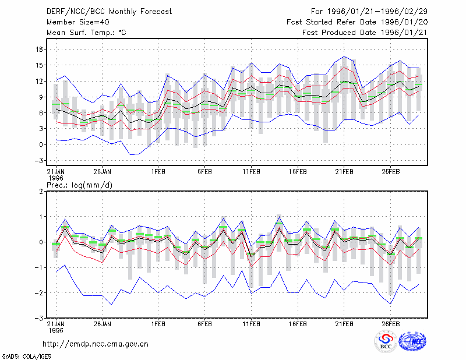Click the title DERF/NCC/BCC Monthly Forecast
pyautogui.click(x=109, y=12)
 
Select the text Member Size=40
pyautogui.click(x=78, y=22)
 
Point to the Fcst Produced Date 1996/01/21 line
pyautogui.click(x=365, y=33)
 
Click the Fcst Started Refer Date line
pyautogui.click(x=357, y=22)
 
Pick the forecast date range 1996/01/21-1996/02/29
pyautogui.click(x=377, y=12)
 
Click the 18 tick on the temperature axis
pyautogui.click(x=40, y=50)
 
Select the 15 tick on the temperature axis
pyautogui.click(x=40, y=65)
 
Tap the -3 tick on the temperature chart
pyautogui.click(x=38, y=161)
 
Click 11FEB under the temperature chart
pyautogui.click(x=252, y=172)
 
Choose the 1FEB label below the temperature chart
pyautogui.click(x=158, y=172)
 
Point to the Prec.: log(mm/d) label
pyautogui.click(x=79, y=185)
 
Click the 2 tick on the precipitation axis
pyautogui.click(x=41, y=192)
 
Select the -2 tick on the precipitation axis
pyautogui.click(x=38, y=293)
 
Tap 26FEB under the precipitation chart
pyautogui.click(x=391, y=324)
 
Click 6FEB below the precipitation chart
pyautogui.click(x=205, y=324)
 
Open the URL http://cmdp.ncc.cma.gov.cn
pyautogui.click(x=96, y=344)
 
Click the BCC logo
pyautogui.click(x=386, y=341)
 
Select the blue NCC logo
pyautogui.click(x=412, y=341)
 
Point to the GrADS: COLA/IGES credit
pyautogui.click(x=26, y=357)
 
